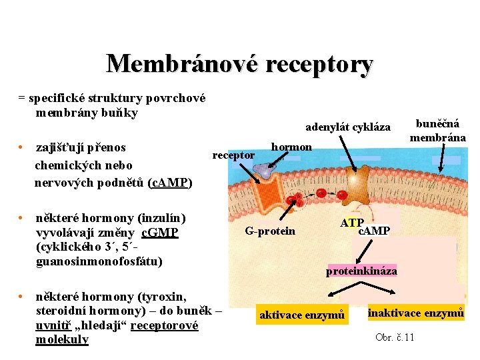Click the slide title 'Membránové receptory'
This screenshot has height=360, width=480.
[x=239, y=64]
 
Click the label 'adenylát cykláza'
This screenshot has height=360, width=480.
[x=347, y=127]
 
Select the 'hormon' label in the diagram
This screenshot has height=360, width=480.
[x=291, y=147]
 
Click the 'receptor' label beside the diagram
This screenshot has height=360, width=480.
[x=233, y=155]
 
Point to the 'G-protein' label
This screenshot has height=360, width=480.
[x=270, y=231]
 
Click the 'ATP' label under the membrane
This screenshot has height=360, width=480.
[x=351, y=223]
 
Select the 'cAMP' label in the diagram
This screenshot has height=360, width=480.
[x=374, y=231]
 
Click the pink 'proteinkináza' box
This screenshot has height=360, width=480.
[x=361, y=271]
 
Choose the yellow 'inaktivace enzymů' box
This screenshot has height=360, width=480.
[x=415, y=312]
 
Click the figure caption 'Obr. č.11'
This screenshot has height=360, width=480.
[x=395, y=337]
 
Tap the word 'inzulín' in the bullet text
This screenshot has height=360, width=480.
[x=163, y=218]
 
